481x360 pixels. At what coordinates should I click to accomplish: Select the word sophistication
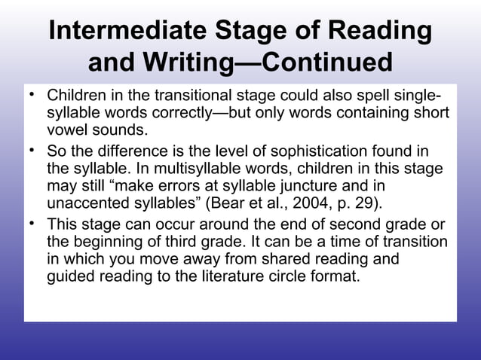coord(305,153)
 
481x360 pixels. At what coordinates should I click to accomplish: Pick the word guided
coord(69,275)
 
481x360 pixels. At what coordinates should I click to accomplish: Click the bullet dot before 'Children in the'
coord(32,96)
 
